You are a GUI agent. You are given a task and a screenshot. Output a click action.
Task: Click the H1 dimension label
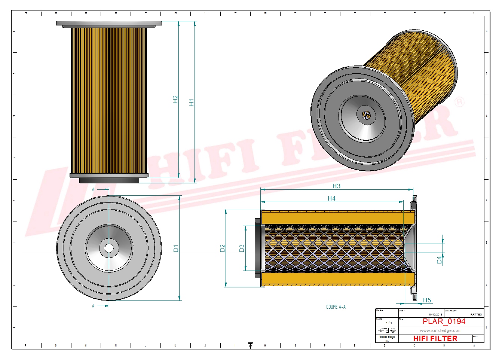[192, 103]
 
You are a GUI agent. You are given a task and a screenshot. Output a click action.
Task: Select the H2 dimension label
[175, 99]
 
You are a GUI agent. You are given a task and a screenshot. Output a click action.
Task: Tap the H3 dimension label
[336, 186]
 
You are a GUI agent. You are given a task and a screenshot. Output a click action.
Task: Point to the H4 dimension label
[331, 198]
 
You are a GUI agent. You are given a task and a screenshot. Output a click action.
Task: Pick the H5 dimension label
[427, 300]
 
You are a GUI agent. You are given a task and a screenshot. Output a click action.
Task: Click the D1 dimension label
[176, 248]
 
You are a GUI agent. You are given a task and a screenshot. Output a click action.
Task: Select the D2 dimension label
[222, 248]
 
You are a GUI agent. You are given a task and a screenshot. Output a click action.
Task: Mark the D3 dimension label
[242, 248]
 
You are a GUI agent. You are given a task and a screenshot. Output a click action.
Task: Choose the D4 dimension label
[439, 260]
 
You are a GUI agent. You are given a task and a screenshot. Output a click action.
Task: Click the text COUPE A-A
[336, 307]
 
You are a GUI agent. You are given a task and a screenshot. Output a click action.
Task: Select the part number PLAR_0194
[444, 321]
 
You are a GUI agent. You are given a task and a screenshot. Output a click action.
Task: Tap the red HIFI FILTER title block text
[435, 338]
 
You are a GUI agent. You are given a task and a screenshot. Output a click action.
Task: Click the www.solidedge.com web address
[441, 330]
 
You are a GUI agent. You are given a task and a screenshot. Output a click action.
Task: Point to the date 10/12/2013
[435, 314]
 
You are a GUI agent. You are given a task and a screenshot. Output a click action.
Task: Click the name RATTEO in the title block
[476, 314]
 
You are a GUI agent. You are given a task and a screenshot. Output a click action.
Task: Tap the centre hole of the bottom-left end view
[109, 248]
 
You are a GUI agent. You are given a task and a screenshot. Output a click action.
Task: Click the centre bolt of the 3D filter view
[366, 115]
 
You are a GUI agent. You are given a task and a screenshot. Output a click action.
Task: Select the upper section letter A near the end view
[93, 190]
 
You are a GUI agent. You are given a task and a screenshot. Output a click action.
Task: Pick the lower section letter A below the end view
[93, 306]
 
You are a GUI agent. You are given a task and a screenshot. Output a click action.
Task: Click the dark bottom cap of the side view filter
[109, 180]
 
